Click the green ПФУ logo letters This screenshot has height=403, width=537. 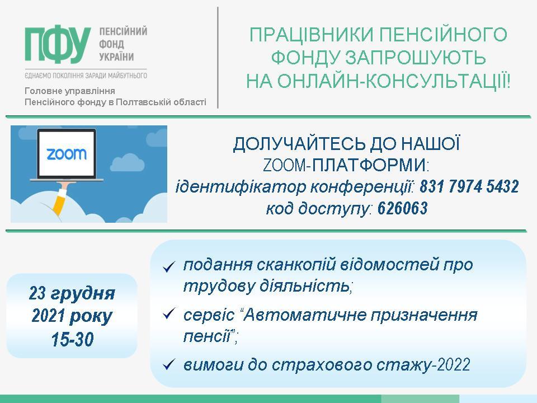pyautogui.click(x=58, y=45)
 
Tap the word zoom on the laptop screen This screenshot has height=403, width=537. pyautogui.click(x=67, y=154)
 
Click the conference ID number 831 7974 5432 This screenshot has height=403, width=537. pyautogui.click(x=469, y=187)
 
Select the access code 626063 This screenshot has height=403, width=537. pyautogui.click(x=403, y=208)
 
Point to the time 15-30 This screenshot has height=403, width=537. pyautogui.click(x=72, y=340)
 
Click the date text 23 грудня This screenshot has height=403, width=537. pyautogui.click(x=72, y=294)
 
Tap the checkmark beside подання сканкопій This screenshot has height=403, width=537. pyautogui.click(x=169, y=267)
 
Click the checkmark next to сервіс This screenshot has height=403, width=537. pyautogui.click(x=169, y=314)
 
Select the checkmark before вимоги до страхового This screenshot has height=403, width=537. pyautogui.click(x=169, y=364)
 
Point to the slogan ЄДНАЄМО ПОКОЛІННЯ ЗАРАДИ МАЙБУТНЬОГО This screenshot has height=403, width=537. pyautogui.click(x=86, y=76)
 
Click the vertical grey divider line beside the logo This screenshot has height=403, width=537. pyautogui.click(x=218, y=58)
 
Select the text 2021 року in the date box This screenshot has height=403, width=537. pyautogui.click(x=72, y=317)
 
